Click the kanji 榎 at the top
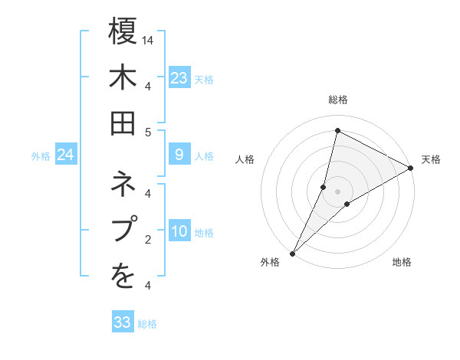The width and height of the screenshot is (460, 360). (123, 32)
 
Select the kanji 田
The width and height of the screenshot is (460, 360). (123, 123)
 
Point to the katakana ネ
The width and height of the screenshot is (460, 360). (123, 185)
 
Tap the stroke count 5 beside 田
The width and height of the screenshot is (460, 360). (148, 132)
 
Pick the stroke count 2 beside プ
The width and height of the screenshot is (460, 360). (148, 239)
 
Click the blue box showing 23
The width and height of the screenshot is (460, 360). (179, 78)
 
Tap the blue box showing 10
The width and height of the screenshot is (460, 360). (179, 232)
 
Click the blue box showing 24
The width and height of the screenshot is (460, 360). (65, 155)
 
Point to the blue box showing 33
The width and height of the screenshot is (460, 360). (123, 322)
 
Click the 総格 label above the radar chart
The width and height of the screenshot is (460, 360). (337, 100)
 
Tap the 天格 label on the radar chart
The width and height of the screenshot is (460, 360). (431, 159)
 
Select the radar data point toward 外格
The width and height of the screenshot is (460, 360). (292, 253)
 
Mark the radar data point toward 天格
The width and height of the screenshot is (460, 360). (411, 169)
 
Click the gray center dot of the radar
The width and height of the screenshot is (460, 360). (337, 191)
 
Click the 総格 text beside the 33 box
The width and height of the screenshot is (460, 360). (147, 323)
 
